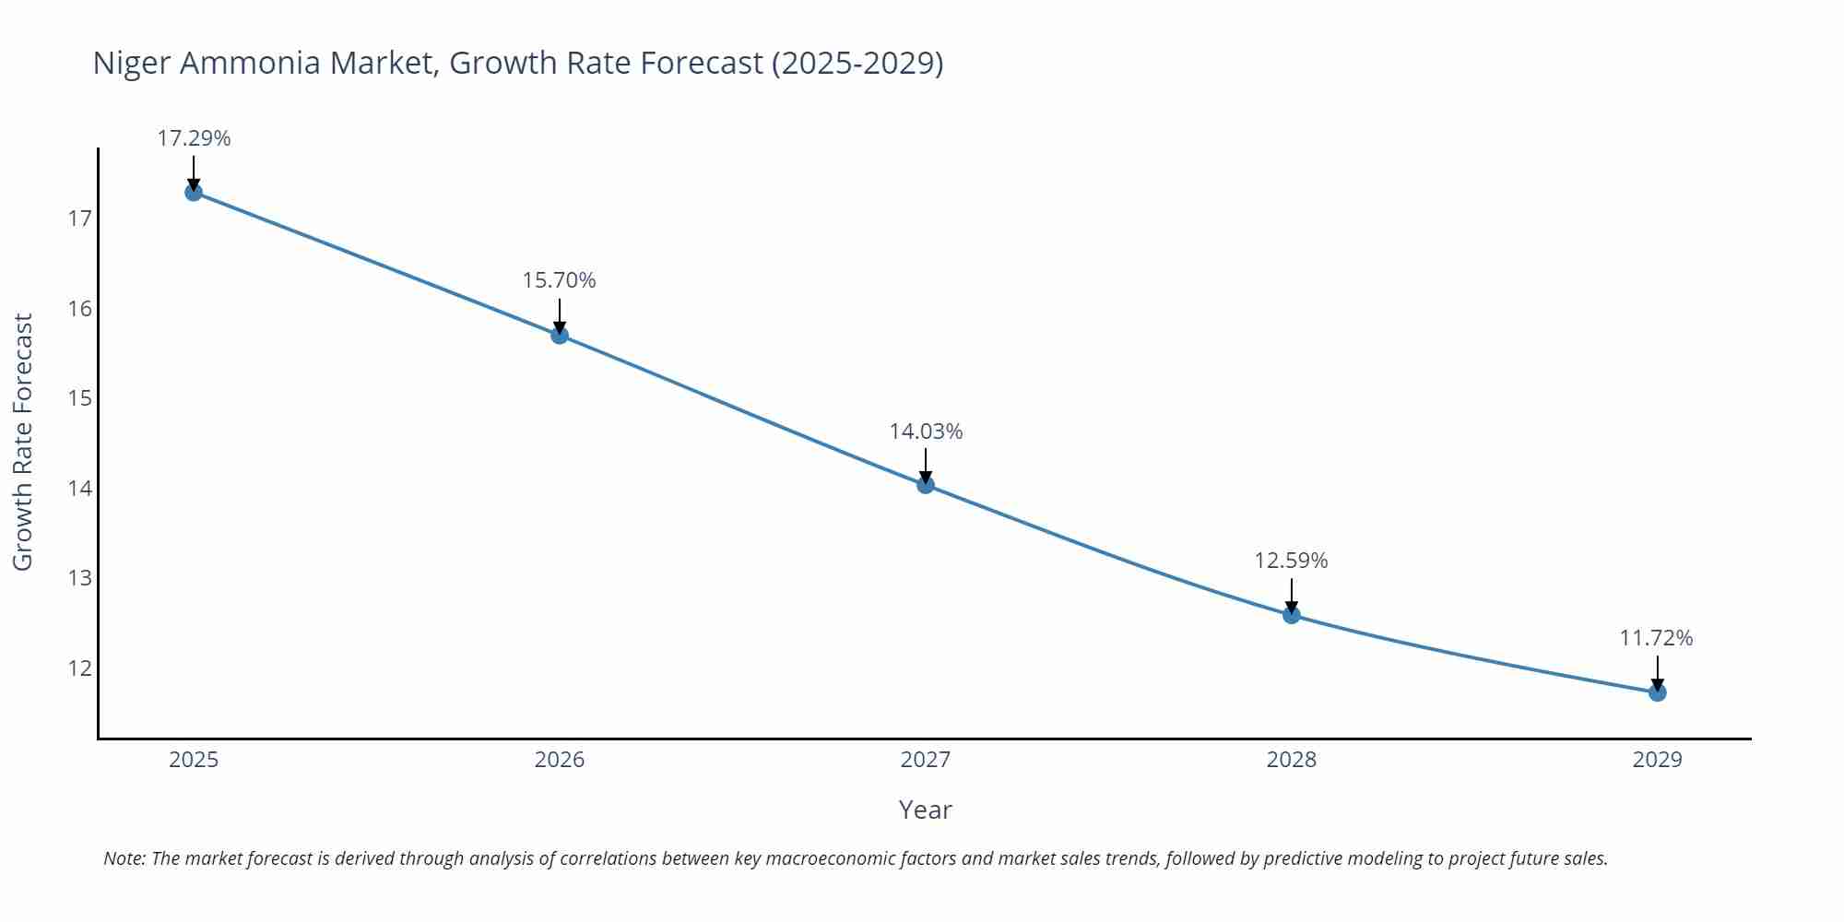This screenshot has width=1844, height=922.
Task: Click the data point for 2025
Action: click(194, 192)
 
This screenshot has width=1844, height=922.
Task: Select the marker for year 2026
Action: click(560, 335)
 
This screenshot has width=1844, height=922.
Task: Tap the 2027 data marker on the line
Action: click(926, 484)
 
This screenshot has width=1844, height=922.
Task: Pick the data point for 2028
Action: click(1292, 614)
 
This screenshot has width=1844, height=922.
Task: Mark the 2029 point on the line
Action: click(1657, 691)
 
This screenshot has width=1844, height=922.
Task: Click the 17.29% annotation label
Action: click(194, 138)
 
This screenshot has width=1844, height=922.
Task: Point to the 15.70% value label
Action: click(559, 280)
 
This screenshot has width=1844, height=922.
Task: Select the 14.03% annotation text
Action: click(926, 431)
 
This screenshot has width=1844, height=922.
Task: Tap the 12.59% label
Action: click(1291, 561)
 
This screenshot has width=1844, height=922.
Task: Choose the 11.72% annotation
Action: click(1656, 638)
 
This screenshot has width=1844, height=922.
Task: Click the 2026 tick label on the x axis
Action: click(560, 760)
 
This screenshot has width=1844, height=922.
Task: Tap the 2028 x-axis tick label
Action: click(1291, 760)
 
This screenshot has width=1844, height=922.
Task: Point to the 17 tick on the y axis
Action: click(80, 219)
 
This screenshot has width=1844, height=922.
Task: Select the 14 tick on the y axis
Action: click(80, 489)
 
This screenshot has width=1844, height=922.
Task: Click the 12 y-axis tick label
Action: click(80, 668)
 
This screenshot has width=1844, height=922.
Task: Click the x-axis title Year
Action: click(925, 810)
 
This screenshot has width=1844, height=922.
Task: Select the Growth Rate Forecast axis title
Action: click(22, 442)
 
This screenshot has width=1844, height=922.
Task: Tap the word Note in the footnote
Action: click(124, 858)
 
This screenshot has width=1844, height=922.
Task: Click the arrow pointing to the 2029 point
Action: click(1657, 671)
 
